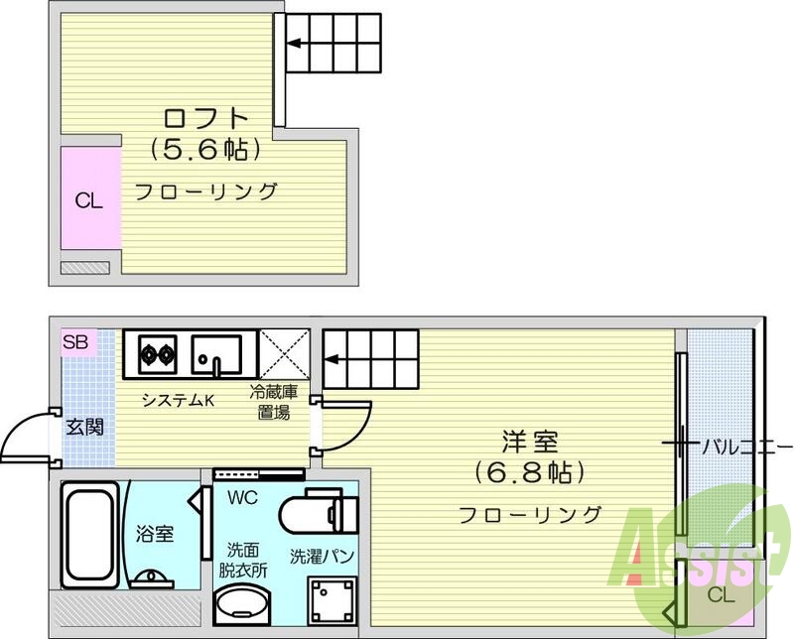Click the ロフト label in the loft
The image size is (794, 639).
click(x=206, y=118)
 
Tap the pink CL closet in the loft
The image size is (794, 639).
click(x=90, y=197)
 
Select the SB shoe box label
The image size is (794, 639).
click(x=75, y=342)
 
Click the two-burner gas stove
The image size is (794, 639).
click(x=158, y=354)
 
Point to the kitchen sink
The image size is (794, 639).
click(x=216, y=354)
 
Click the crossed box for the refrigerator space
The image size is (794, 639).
click(x=284, y=354)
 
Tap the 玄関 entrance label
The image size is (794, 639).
click(x=85, y=428)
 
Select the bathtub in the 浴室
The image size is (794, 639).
click(x=90, y=534)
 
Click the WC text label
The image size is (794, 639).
click(x=242, y=498)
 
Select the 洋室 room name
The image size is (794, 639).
click(x=530, y=442)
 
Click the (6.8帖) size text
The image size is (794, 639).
click(x=530, y=472)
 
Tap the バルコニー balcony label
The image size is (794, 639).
click(x=746, y=447)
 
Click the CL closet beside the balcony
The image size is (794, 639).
click(x=721, y=595)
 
